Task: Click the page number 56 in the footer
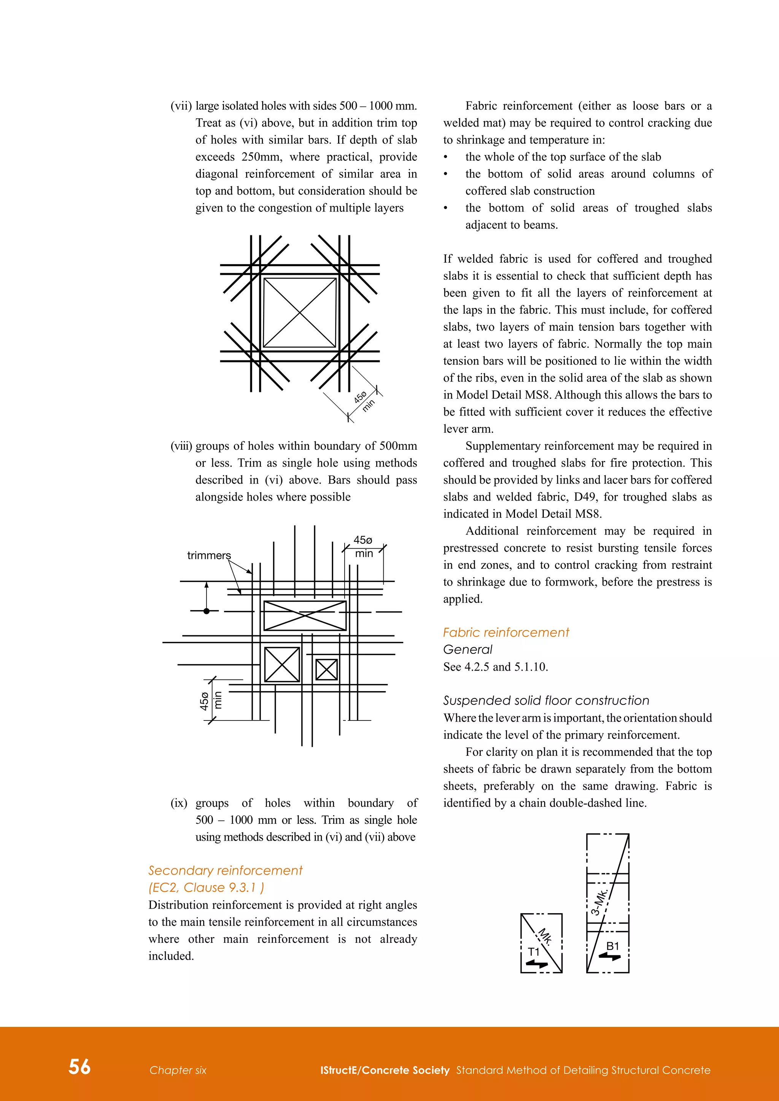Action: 79,1067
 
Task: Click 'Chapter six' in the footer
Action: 178,1070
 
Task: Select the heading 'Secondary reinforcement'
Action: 225,870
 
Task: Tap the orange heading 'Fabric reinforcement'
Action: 506,633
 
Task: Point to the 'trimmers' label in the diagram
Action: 209,555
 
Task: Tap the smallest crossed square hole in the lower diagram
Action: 327,669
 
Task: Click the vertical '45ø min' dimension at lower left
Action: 210,701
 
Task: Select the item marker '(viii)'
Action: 181,446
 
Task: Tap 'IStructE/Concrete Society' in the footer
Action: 385,1070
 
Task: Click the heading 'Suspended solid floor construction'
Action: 546,701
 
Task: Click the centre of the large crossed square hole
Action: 300,313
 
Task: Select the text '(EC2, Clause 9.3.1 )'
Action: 206,888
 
